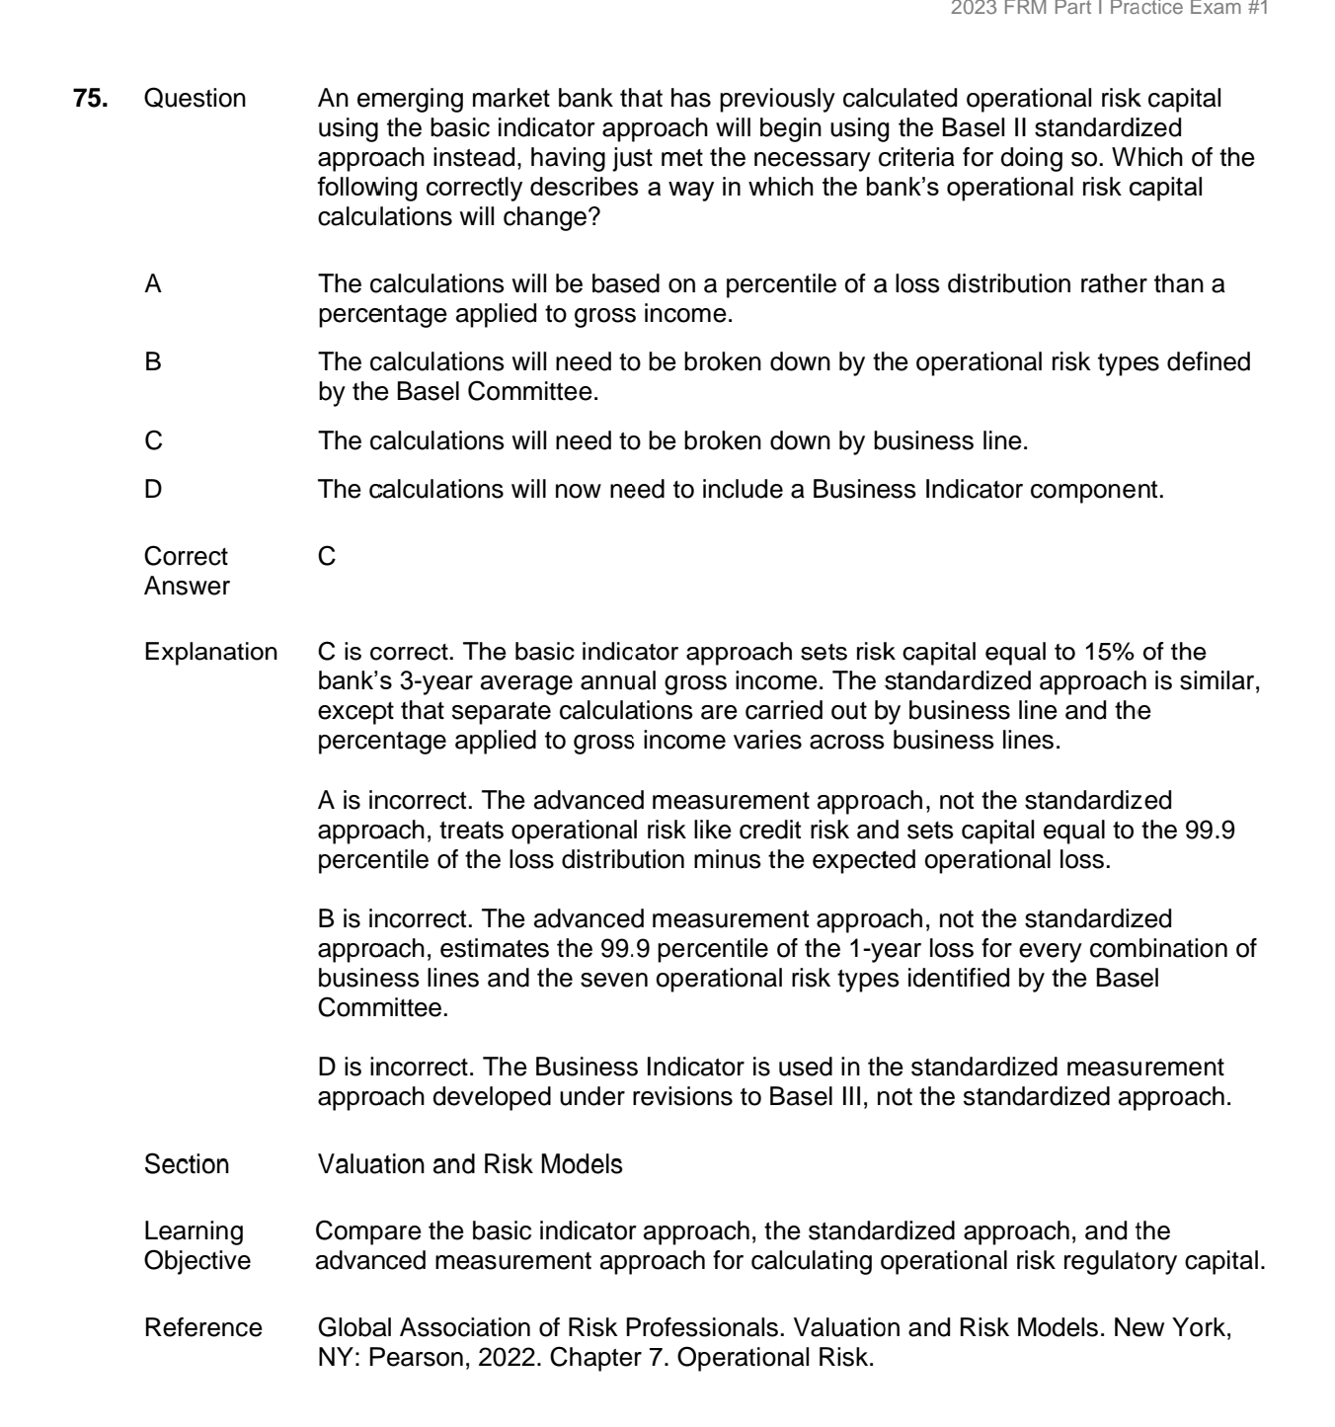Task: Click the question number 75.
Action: pos(91,99)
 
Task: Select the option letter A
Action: pos(153,284)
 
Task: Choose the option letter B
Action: pos(153,362)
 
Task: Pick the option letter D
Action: pos(153,489)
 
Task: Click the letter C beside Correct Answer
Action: pos(327,557)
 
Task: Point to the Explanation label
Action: pos(210,652)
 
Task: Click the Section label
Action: pos(187,1164)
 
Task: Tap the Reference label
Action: pos(203,1328)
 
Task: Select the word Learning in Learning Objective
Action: pos(194,1231)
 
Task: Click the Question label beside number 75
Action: pos(195,99)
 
